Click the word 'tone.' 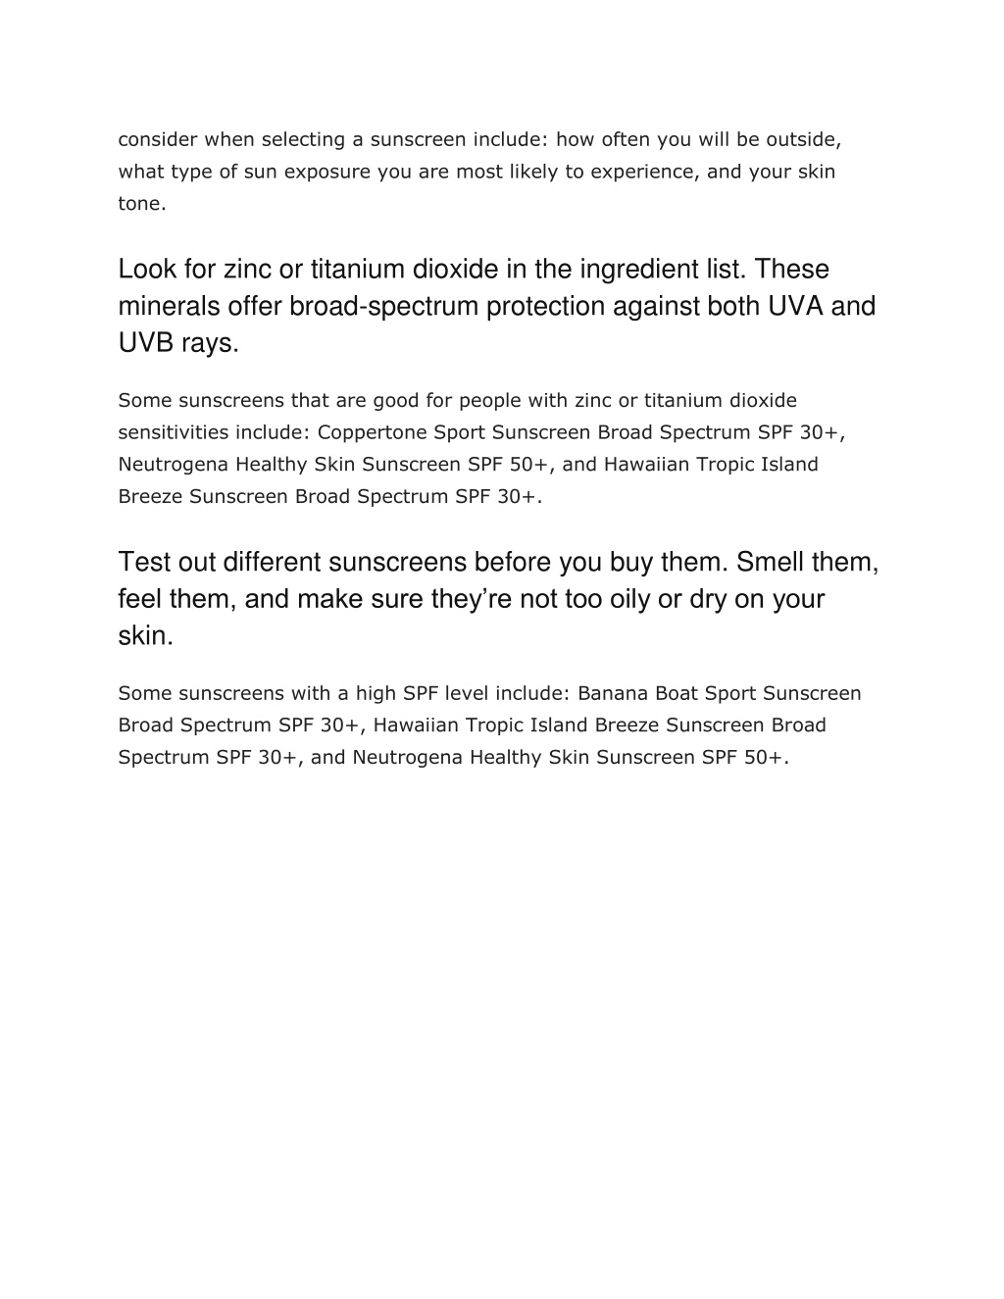142,204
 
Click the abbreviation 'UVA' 794,307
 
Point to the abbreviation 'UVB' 146,344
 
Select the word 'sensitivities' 174,432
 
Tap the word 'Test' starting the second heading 144,562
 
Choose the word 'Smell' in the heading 770,562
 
